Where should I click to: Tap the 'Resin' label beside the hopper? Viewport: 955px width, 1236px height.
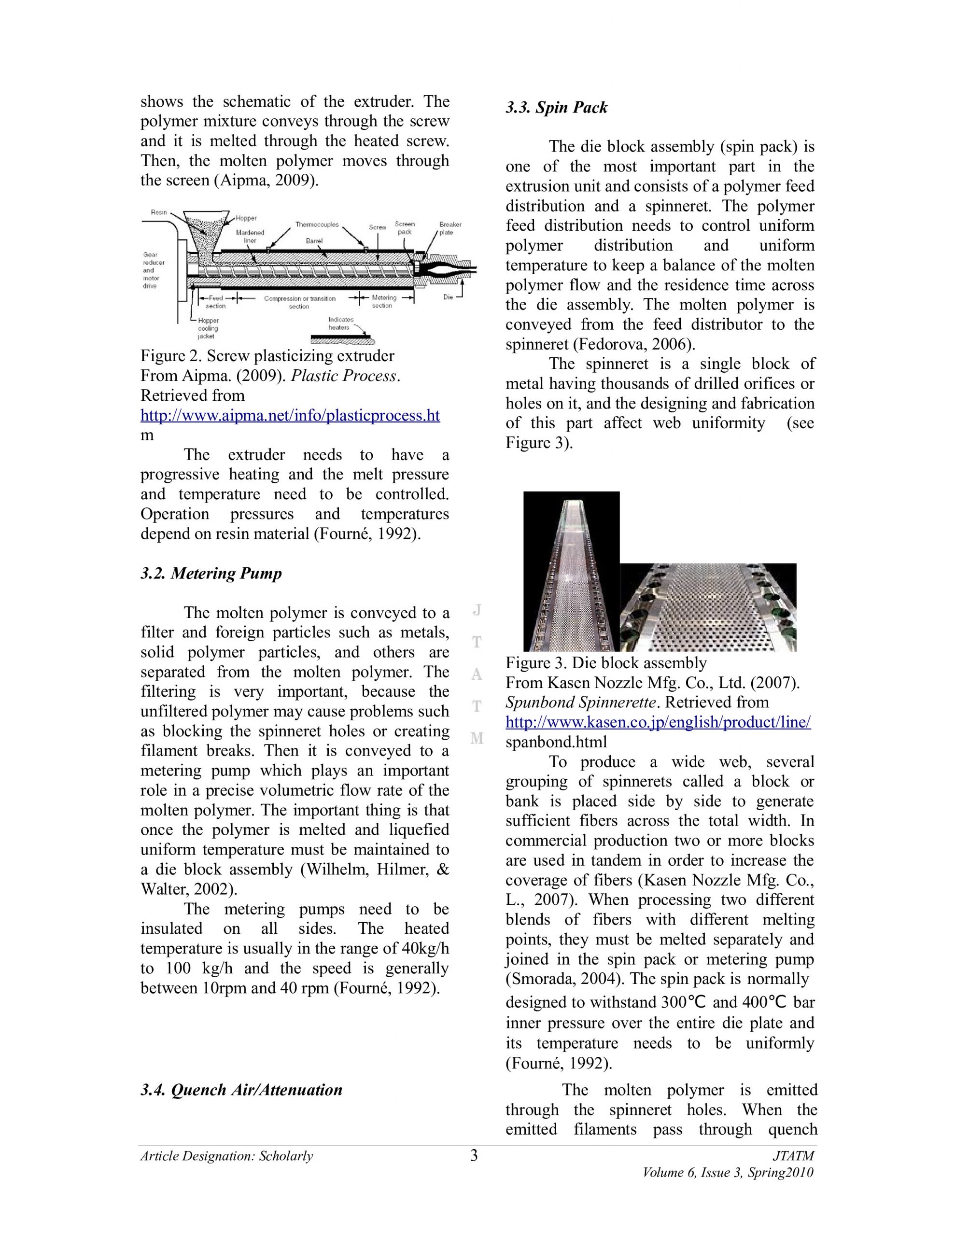pyautogui.click(x=158, y=212)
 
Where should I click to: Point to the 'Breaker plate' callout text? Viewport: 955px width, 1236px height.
pyautogui.click(x=450, y=228)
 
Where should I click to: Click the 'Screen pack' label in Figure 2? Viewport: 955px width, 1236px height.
pyautogui.click(x=404, y=227)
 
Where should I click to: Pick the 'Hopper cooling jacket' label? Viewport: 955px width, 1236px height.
pyautogui.click(x=208, y=328)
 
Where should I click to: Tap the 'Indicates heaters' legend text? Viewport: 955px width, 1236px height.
pyautogui.click(x=341, y=323)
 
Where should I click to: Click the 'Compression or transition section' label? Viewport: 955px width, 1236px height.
pyautogui.click(x=299, y=302)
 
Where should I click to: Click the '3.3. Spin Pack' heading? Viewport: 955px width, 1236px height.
pyautogui.click(x=556, y=108)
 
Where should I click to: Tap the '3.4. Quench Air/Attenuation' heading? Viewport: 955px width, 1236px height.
pyautogui.click(x=241, y=1090)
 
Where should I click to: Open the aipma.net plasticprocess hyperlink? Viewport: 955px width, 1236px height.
pyautogui.click(x=290, y=415)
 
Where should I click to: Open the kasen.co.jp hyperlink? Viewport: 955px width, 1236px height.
pyautogui.click(x=658, y=722)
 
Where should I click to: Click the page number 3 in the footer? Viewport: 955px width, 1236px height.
pyautogui.click(x=474, y=1156)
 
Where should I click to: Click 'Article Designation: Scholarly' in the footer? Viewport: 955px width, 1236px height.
pyautogui.click(x=226, y=1156)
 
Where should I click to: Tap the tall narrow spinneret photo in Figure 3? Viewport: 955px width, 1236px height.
pyautogui.click(x=571, y=572)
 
